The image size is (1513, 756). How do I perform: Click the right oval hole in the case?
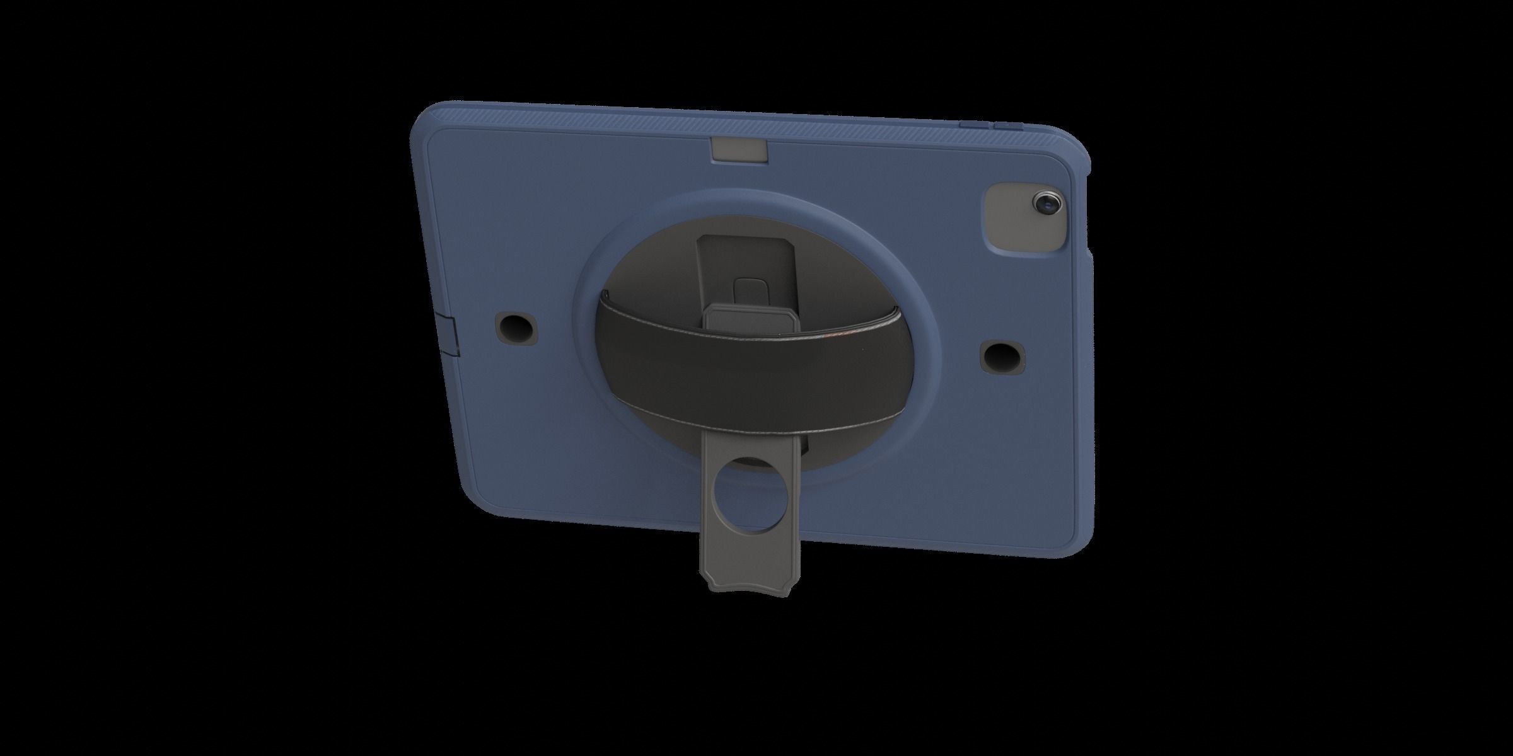(1002, 355)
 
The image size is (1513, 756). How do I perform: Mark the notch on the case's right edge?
(1091, 255)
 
